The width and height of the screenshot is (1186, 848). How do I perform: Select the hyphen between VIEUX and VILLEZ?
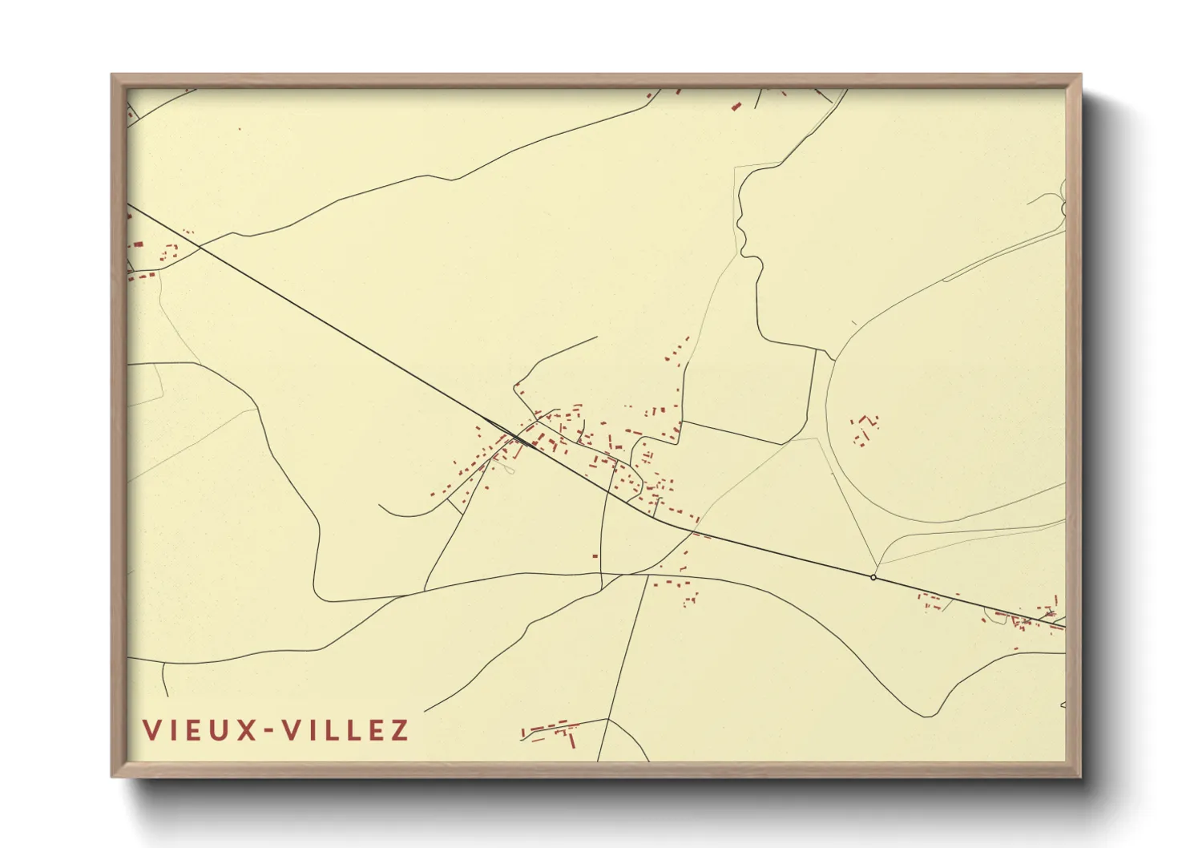click(271, 731)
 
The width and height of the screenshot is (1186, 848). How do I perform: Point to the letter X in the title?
click(247, 730)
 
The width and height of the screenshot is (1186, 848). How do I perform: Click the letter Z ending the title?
click(399, 730)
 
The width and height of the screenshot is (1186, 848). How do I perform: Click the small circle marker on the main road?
click(873, 577)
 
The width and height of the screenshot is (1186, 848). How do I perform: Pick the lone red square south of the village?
click(595, 555)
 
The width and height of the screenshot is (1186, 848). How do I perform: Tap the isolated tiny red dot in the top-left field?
click(240, 128)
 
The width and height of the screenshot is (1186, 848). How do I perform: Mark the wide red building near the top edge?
click(736, 106)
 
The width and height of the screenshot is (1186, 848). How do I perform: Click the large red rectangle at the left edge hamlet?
click(138, 244)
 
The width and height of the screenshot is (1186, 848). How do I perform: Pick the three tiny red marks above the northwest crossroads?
click(188, 232)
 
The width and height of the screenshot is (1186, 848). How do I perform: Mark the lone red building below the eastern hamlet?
click(1016, 648)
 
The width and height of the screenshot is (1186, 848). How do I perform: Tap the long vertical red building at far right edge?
click(1056, 601)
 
